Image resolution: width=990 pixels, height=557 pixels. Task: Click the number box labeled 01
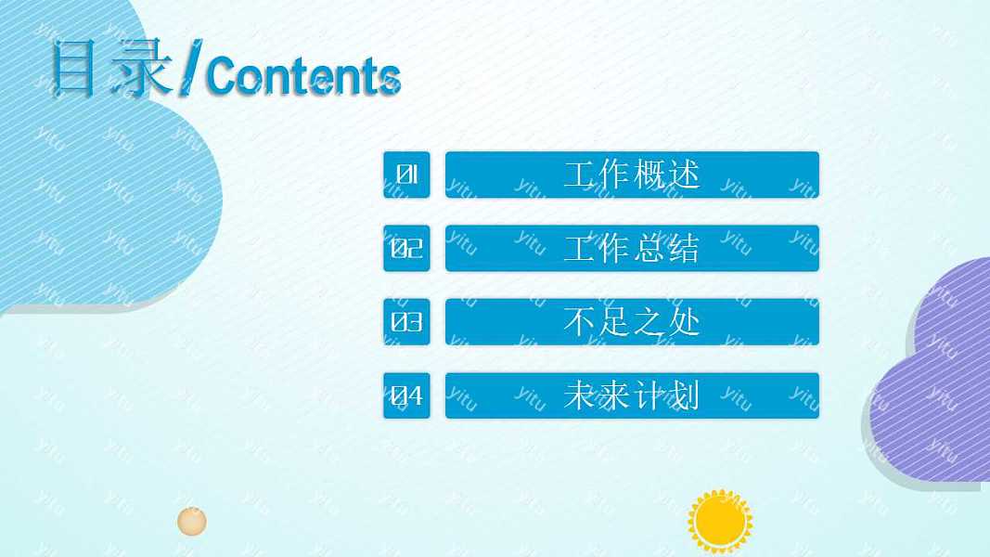tap(406, 175)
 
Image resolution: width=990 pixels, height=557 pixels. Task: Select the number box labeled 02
tap(406, 249)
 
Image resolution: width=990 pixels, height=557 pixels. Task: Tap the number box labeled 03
tap(406, 322)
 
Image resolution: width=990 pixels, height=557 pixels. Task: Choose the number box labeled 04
tap(406, 396)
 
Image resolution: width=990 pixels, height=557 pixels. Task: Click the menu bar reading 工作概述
tap(632, 175)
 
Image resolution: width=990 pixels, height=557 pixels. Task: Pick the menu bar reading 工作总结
tap(632, 249)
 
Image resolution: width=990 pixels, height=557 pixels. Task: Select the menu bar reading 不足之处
tap(632, 322)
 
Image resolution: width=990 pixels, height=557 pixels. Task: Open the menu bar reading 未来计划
tap(632, 396)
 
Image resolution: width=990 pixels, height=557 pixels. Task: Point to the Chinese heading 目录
tap(111, 69)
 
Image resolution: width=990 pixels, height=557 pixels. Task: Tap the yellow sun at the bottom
tap(720, 521)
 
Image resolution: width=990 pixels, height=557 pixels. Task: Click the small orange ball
tap(192, 521)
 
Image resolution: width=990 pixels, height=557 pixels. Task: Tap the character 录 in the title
tap(141, 69)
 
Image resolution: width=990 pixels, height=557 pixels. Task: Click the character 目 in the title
tap(74, 69)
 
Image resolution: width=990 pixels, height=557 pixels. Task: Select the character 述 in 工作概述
tap(683, 175)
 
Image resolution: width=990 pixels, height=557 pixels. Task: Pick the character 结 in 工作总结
tap(683, 249)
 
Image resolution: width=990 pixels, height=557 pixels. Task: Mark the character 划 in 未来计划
tap(683, 396)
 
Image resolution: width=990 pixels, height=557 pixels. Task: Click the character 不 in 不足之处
tap(581, 322)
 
